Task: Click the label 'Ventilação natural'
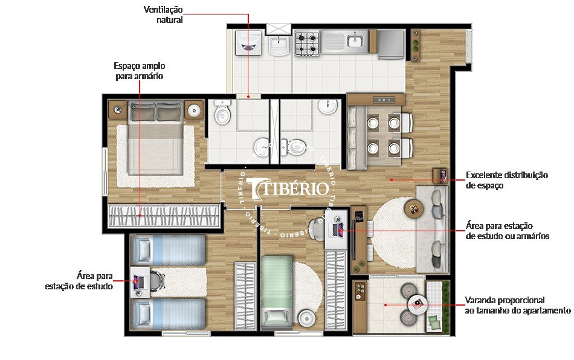(x=163, y=14)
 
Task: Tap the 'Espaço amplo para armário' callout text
(x=140, y=71)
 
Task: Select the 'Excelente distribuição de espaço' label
(x=506, y=180)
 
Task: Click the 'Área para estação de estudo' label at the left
(x=80, y=281)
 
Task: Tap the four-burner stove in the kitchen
(x=306, y=43)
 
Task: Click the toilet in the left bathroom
(x=222, y=112)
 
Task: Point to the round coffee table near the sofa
(x=414, y=208)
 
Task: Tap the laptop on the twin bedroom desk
(x=138, y=281)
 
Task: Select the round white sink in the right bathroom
(x=327, y=107)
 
